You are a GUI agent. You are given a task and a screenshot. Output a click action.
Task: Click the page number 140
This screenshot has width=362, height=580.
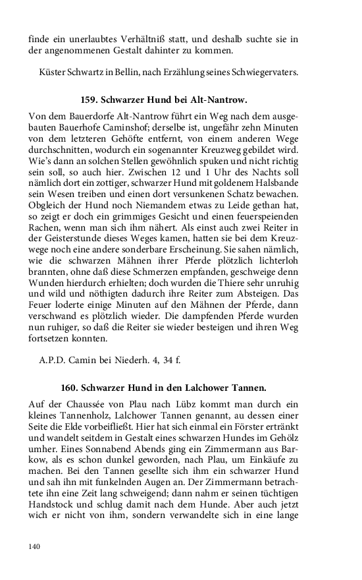pyautogui.click(x=34, y=546)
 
